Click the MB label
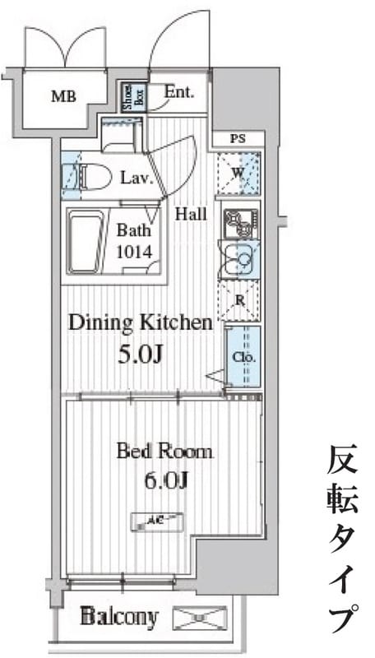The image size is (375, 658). (x=63, y=96)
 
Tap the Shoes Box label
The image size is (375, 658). (x=130, y=96)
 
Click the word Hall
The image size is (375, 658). (x=191, y=215)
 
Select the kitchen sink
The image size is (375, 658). (x=240, y=262)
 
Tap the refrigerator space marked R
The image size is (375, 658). (x=239, y=300)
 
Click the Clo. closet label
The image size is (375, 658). (x=243, y=358)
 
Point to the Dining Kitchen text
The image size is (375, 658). (x=140, y=322)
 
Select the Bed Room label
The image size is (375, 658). (x=164, y=451)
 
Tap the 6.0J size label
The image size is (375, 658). (x=164, y=480)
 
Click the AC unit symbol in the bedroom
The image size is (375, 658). (x=156, y=520)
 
